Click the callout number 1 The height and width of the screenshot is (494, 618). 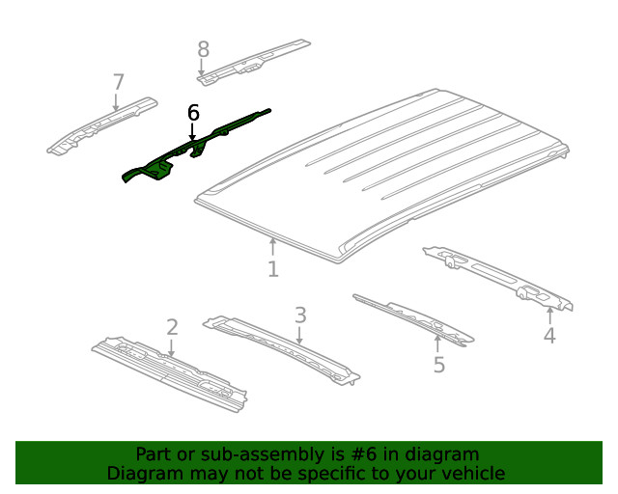point(273,269)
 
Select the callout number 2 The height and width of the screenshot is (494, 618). point(172,327)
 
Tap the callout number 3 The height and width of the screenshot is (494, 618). point(300,315)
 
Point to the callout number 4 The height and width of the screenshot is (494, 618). point(549,336)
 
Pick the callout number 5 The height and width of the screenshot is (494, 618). point(438,365)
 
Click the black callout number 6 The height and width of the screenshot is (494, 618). point(193,113)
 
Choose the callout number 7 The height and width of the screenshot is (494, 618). point(118,81)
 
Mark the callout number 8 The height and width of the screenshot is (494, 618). point(203,48)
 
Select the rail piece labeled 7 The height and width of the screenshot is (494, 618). point(101,124)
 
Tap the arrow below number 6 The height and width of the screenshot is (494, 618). point(192,132)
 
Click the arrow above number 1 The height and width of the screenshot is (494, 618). point(273,246)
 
